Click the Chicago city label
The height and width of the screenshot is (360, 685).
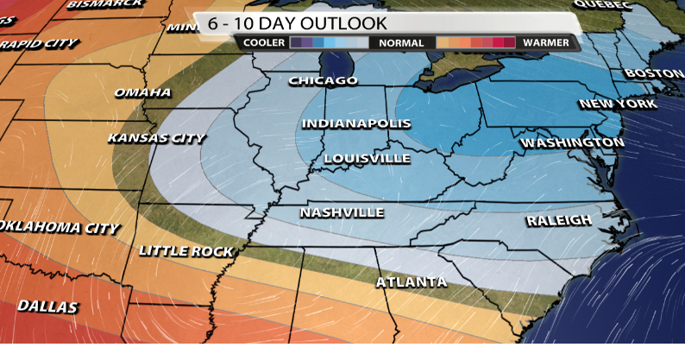[323, 81]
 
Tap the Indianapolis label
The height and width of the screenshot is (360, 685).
[355, 124]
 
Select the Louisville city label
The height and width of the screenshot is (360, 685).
[367, 159]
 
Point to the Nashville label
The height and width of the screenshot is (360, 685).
[342, 212]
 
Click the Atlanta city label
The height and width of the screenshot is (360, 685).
[412, 282]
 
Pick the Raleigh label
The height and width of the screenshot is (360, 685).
[559, 220]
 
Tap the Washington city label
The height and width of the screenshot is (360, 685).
[572, 142]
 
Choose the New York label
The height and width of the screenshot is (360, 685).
[618, 104]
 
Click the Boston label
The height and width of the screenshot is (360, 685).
[654, 74]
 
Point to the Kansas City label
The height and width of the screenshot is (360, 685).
[156, 138]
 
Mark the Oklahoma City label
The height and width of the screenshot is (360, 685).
[59, 228]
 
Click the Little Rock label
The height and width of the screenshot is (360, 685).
[186, 251]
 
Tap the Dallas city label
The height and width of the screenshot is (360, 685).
[47, 306]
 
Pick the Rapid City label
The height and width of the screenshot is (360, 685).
[39, 43]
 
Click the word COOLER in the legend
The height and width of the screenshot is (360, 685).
[264, 42]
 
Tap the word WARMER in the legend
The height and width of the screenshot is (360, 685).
[545, 42]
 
